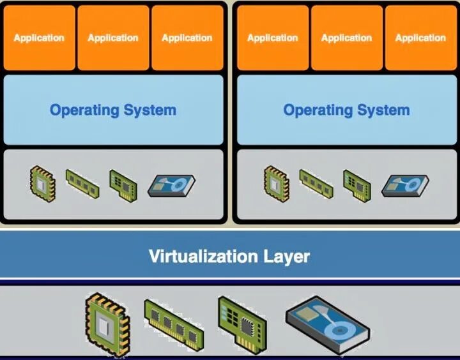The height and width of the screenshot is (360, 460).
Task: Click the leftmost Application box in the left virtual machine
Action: coord(39,38)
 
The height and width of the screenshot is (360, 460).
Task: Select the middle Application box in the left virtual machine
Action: coord(113,38)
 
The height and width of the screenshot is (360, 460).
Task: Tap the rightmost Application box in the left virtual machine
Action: coord(187,38)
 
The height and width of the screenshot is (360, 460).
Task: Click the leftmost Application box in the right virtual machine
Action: coord(273,38)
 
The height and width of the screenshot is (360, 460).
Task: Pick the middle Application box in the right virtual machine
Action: coord(347,38)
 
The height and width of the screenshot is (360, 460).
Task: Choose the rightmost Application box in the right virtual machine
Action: coord(420,38)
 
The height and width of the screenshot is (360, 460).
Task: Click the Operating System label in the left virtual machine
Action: coord(113,110)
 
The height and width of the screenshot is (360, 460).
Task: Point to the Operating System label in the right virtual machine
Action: coord(347,110)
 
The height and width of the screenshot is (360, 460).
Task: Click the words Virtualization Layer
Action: coord(229,257)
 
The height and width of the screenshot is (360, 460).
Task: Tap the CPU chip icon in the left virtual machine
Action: coord(42,180)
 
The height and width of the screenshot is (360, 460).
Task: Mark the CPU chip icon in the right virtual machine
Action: coord(276,180)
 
